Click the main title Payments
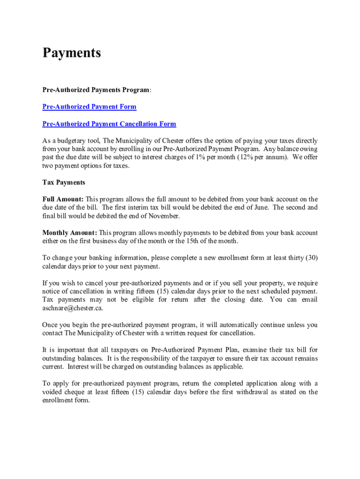[72, 53]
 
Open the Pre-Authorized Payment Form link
[89, 107]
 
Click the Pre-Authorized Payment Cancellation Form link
[109, 124]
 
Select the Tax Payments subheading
[64, 182]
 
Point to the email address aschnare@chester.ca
[72, 308]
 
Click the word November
[164, 216]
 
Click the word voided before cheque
[53, 392]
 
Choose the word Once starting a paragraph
[50, 325]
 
